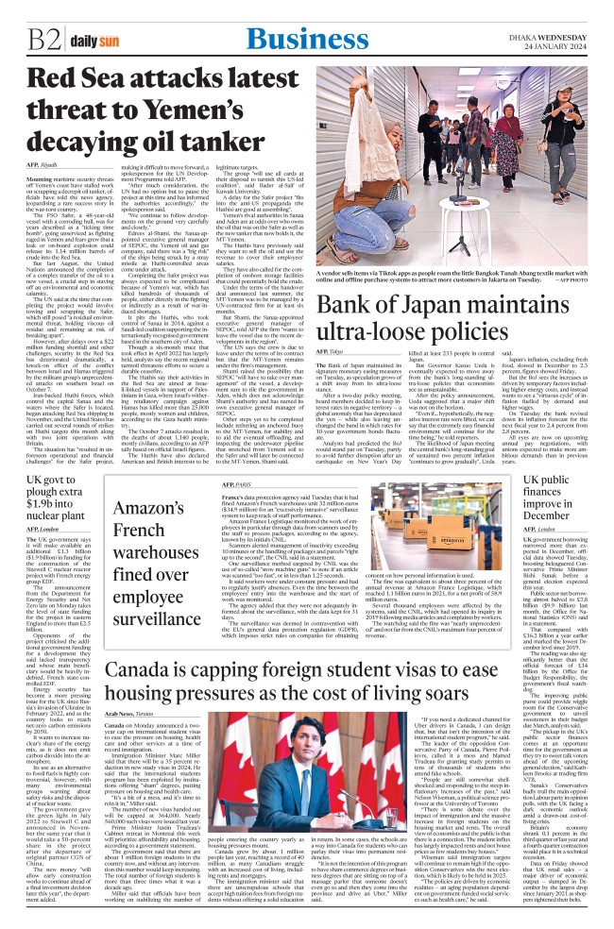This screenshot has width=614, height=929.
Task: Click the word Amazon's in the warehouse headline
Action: pyautogui.click(x=154, y=513)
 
